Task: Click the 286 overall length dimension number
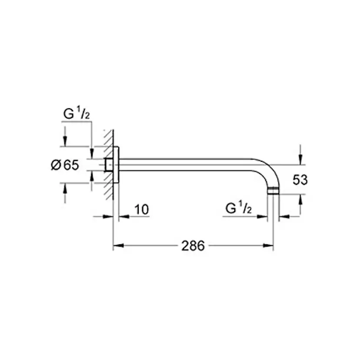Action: coord(193,246)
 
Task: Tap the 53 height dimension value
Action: coord(300,180)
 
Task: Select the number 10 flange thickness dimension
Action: coord(141,210)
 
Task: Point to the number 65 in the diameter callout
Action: coord(71,165)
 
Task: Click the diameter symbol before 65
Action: coord(56,165)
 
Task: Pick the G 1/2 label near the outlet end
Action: coord(239,208)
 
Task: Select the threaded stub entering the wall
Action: coord(109,165)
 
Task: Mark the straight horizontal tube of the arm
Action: coord(187,165)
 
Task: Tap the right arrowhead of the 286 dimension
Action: coord(270,246)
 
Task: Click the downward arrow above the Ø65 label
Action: coord(65,142)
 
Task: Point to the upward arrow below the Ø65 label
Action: coord(65,187)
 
